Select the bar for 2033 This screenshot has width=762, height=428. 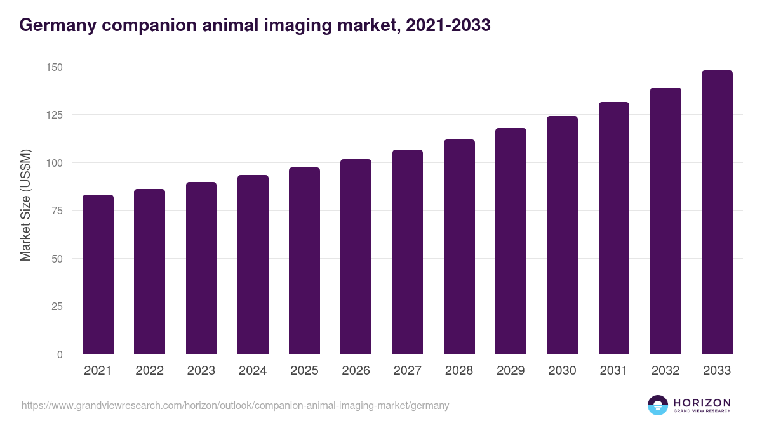717,212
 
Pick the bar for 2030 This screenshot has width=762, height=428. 562,235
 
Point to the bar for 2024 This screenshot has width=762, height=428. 253,264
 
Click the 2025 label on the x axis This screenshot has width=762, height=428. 304,371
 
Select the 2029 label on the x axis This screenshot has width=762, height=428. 511,371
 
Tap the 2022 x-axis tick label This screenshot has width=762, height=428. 149,371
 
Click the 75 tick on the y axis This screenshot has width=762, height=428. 57,211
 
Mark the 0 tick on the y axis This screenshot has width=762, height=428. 60,354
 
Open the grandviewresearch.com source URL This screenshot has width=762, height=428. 235,406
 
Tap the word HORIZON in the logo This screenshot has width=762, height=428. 702,403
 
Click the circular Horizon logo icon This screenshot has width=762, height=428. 658,406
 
